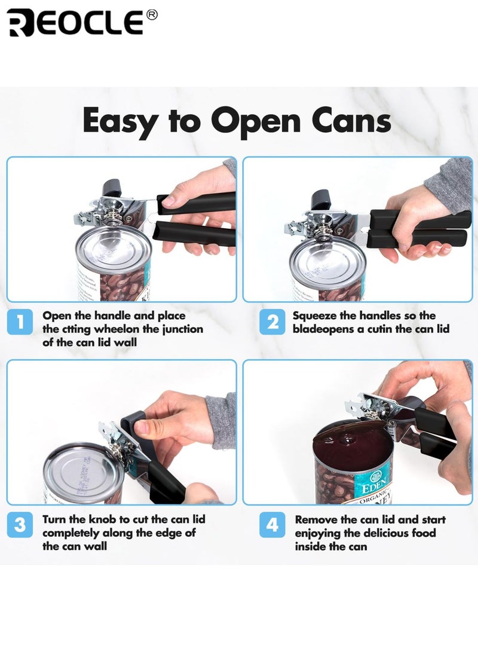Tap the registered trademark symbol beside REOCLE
(x=152, y=15)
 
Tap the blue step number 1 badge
(x=20, y=322)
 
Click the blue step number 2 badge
(x=272, y=322)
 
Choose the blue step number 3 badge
(x=20, y=525)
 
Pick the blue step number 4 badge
(x=272, y=525)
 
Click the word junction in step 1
(x=182, y=330)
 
